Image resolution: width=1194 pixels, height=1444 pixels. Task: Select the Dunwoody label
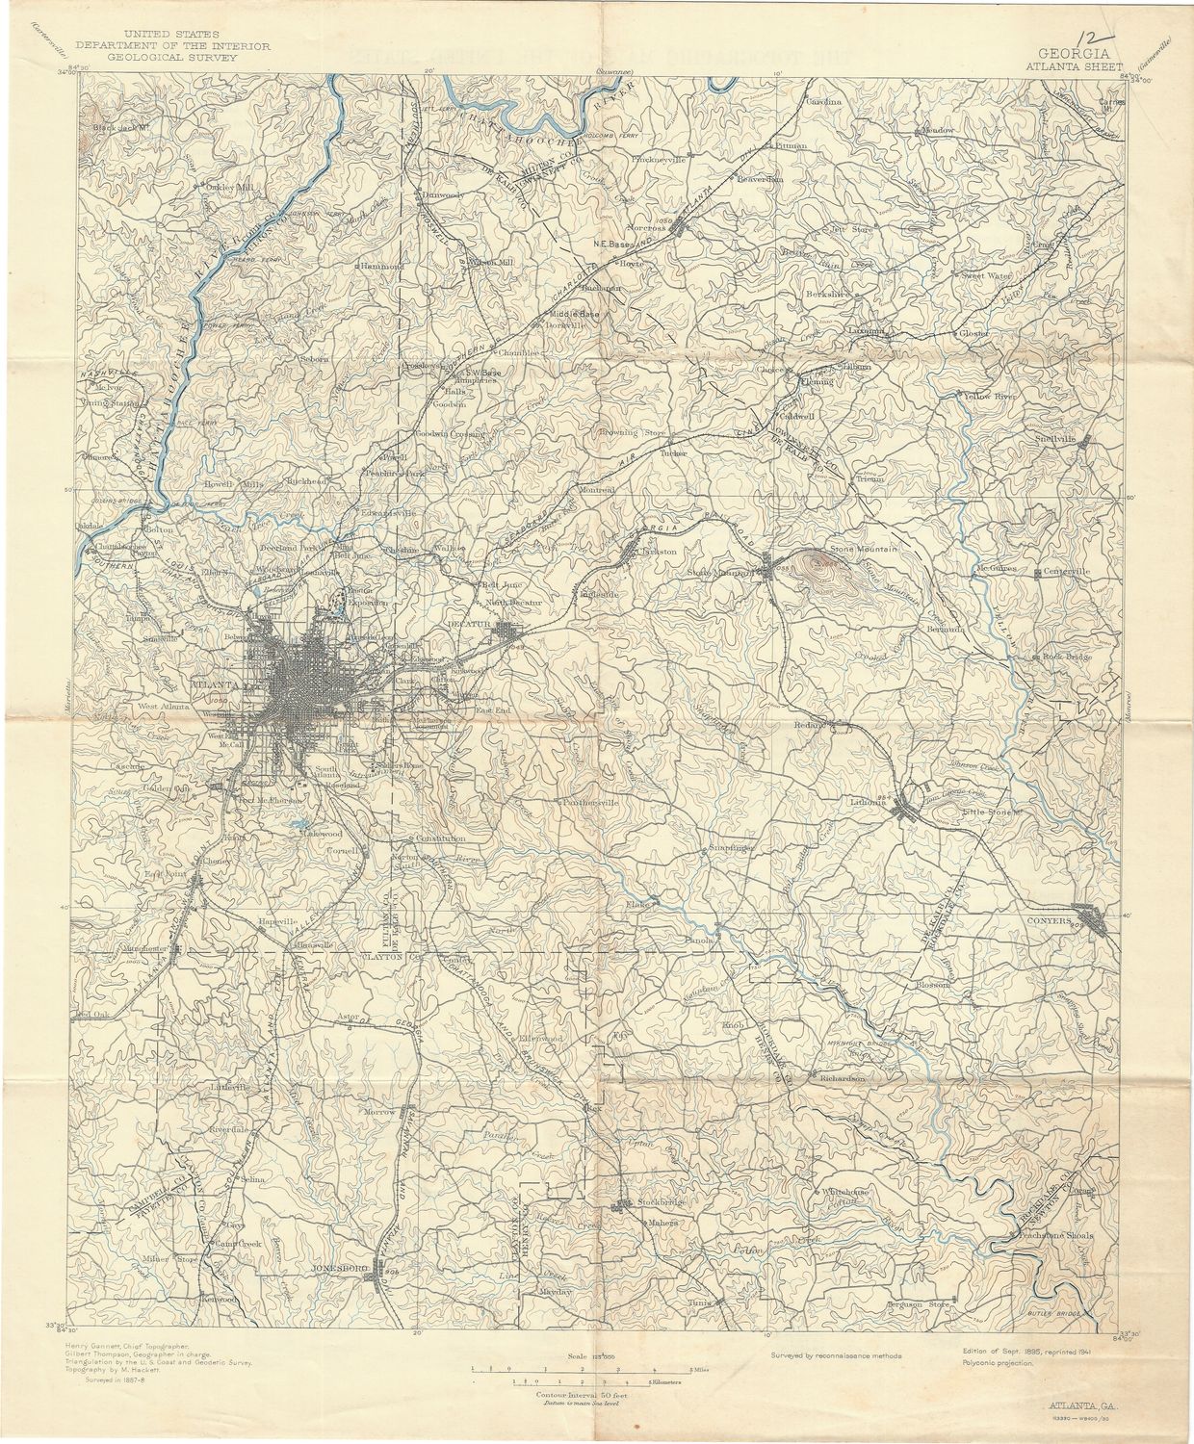(x=442, y=195)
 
